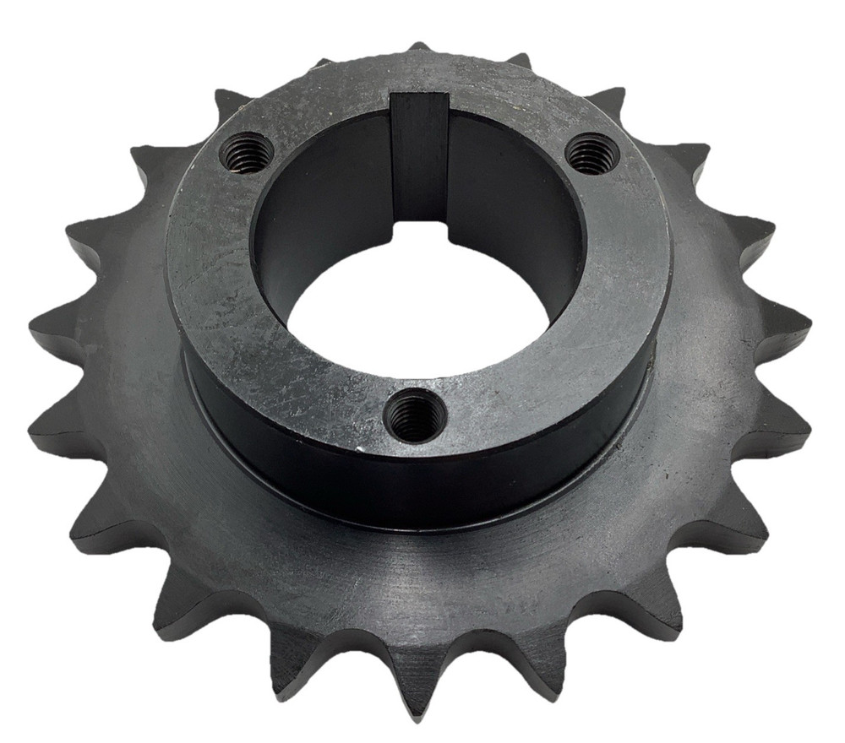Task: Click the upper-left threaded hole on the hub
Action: coord(246,154)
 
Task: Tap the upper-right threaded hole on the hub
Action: coord(592,152)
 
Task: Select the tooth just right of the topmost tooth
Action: coord(520,61)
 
